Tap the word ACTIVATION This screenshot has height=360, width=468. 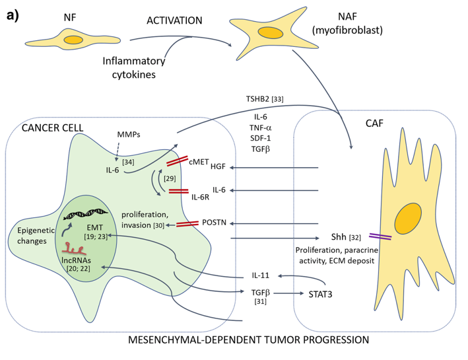(x=174, y=20)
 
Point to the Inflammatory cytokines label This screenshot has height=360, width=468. (x=129, y=67)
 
